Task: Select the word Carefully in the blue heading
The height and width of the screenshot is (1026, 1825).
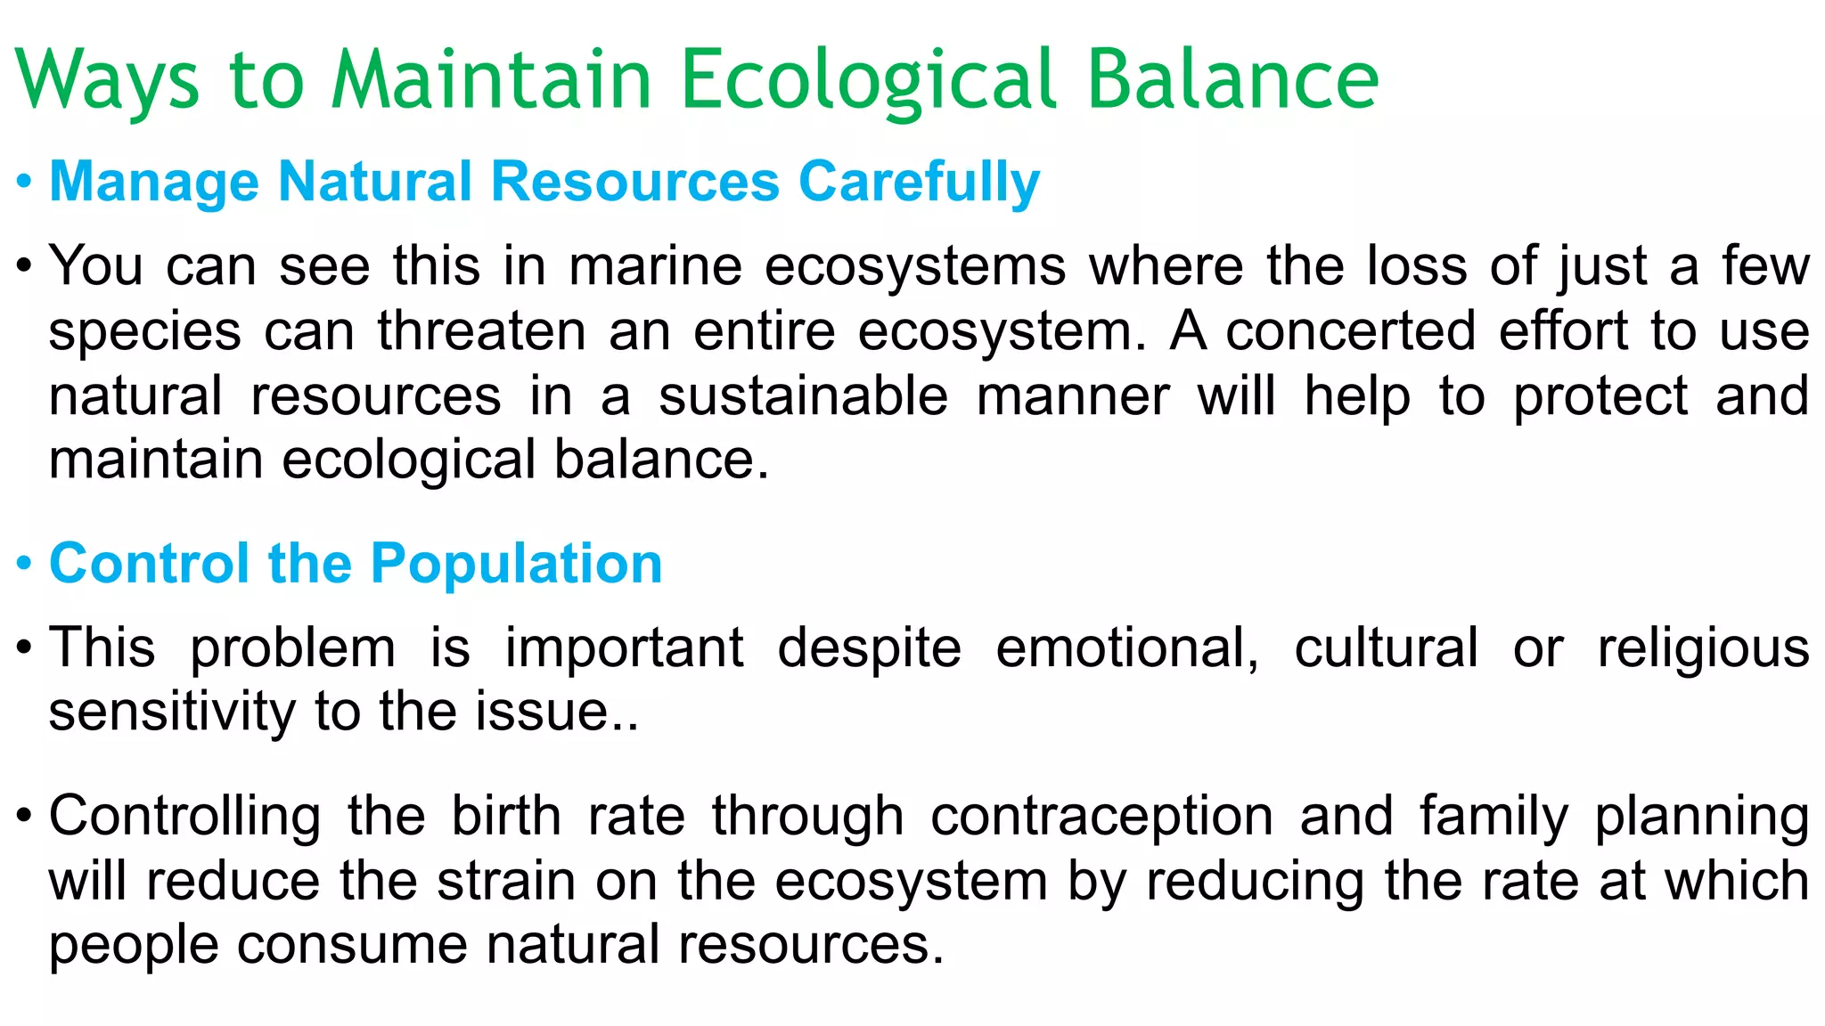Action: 919,182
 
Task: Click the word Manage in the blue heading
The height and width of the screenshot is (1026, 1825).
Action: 154,182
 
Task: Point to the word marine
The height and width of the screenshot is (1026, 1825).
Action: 655,266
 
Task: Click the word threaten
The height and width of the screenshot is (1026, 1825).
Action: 481,331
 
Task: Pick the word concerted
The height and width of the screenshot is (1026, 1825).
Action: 1351,331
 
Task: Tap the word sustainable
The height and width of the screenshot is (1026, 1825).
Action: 803,396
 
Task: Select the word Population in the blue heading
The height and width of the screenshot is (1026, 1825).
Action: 516,564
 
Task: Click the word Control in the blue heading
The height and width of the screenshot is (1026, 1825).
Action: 149,564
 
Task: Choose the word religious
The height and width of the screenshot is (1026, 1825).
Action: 1703,647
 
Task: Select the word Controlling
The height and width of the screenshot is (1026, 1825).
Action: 184,816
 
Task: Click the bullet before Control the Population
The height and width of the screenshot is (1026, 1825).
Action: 25,565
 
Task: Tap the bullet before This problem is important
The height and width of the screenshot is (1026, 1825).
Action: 25,648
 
